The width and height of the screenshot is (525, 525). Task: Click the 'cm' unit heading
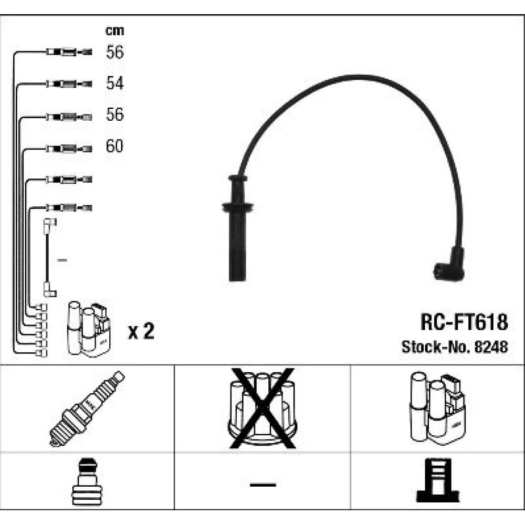point(114,31)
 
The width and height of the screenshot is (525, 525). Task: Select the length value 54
point(114,83)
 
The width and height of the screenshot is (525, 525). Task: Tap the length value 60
point(114,145)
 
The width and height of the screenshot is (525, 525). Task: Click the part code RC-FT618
point(463,322)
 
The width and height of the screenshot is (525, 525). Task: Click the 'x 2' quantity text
point(141,332)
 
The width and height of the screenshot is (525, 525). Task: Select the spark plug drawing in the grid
point(87,408)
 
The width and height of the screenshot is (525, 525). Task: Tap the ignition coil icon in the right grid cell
point(437,407)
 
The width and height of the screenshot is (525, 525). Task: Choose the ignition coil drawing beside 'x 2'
point(88,330)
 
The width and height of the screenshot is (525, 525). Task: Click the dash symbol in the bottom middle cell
point(262,484)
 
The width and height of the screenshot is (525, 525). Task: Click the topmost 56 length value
point(114,52)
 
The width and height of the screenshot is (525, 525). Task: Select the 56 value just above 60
point(114,114)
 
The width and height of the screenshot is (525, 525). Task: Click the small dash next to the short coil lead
point(62,260)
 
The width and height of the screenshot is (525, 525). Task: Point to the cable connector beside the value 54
point(68,83)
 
